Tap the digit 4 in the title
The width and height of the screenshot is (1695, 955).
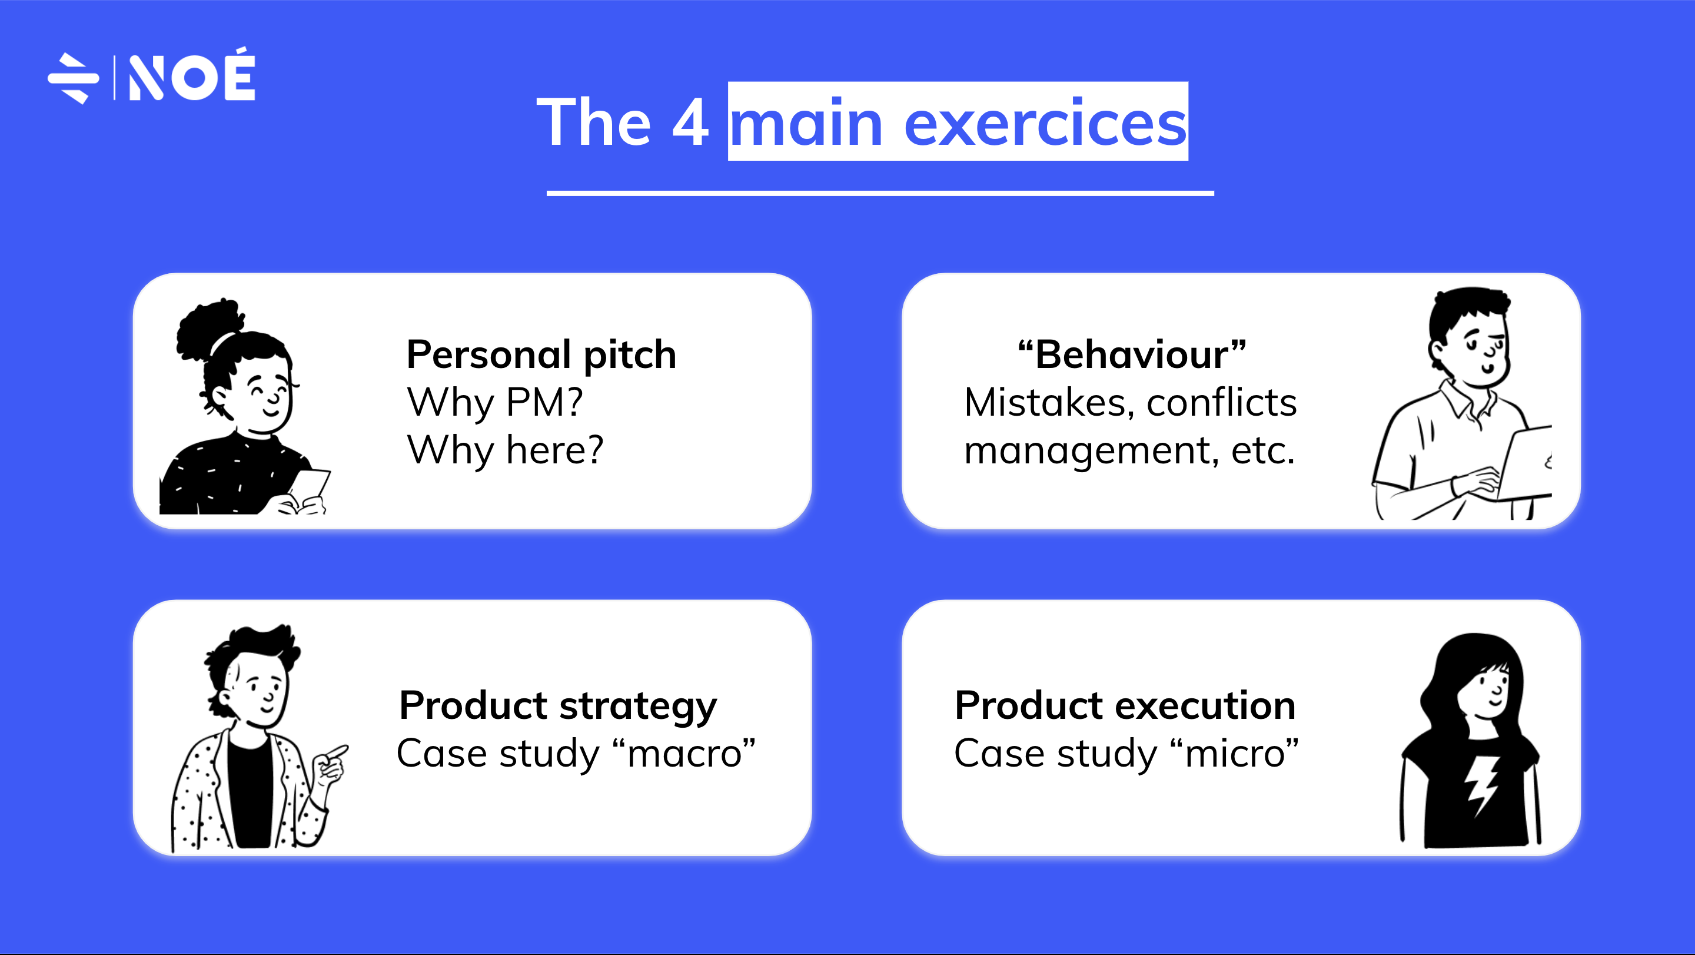(x=690, y=122)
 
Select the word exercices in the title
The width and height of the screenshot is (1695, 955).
(x=1046, y=124)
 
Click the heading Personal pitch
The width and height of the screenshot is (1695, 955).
(x=541, y=355)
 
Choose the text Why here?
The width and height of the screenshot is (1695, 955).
(x=505, y=450)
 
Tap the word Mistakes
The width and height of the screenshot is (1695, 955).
(x=1049, y=402)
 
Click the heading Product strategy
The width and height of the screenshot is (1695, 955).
(x=557, y=706)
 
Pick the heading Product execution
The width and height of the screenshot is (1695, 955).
(x=1125, y=705)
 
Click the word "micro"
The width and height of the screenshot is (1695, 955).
(x=1234, y=753)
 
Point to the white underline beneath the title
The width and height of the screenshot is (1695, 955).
(x=880, y=193)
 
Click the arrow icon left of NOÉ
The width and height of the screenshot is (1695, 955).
(x=74, y=78)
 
